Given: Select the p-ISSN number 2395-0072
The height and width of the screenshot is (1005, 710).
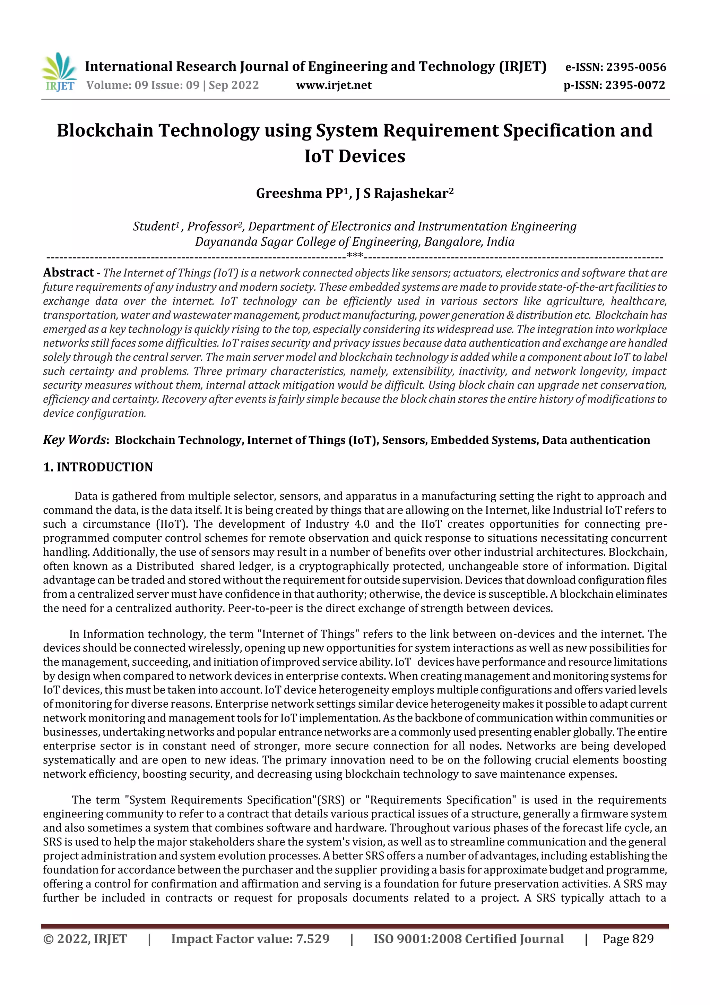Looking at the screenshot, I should (x=635, y=85).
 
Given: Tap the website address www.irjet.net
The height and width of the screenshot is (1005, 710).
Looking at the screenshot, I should (x=334, y=85).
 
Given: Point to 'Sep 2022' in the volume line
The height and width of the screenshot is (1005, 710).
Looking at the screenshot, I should (x=234, y=85).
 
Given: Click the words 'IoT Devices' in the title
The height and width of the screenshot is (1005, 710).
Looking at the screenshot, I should (x=355, y=156).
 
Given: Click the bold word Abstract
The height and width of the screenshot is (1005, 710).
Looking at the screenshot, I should (x=68, y=273).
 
